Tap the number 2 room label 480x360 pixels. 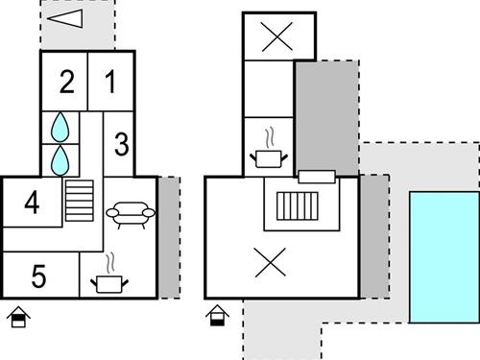click(65, 83)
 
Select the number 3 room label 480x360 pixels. click(121, 146)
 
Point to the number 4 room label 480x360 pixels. click(33, 204)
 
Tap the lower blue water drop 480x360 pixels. click(61, 158)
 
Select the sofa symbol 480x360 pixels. click(130, 212)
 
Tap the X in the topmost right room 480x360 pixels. click(277, 36)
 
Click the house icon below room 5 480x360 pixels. click(16, 317)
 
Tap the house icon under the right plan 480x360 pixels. click(218, 316)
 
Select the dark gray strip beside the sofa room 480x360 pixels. click(168, 235)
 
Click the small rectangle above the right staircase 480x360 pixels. click(316, 177)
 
